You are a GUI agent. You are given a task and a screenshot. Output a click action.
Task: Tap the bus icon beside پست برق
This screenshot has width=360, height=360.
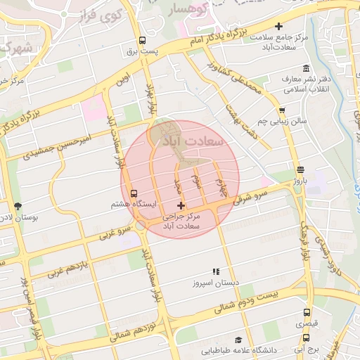(x=143, y=40)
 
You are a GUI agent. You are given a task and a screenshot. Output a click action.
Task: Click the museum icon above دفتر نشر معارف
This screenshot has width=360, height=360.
(x=306, y=68)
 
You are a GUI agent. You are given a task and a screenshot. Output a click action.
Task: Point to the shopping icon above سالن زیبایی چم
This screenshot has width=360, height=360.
(x=282, y=110)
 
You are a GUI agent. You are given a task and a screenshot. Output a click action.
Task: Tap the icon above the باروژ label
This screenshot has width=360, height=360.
(x=301, y=169)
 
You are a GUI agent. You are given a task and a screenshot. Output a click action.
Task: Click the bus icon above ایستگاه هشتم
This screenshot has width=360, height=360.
(x=134, y=193)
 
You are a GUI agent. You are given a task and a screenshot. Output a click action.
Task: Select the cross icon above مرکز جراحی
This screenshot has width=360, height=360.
(x=181, y=205)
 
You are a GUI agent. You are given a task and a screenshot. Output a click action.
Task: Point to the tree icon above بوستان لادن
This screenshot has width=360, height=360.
(x=17, y=206)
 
